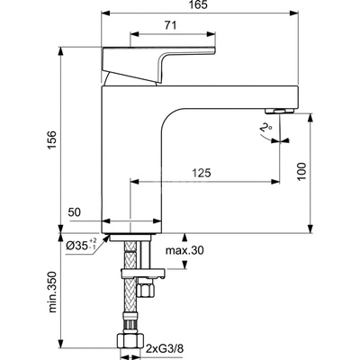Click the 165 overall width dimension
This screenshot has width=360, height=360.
(200, 5)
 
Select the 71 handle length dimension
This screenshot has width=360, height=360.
(171, 25)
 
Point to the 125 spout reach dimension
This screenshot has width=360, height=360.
(202, 173)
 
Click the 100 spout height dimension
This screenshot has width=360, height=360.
(301, 172)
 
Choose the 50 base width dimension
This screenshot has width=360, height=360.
(75, 212)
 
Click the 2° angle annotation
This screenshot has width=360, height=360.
(265, 129)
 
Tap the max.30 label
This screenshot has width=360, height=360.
(184, 250)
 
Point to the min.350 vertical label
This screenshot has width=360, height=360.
(52, 292)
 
